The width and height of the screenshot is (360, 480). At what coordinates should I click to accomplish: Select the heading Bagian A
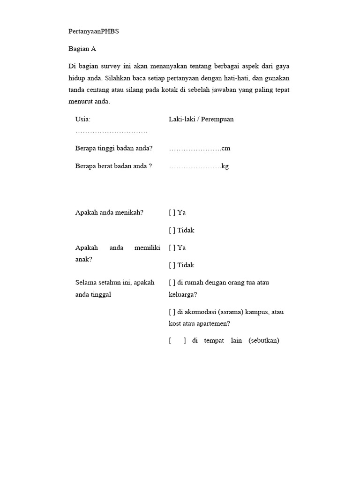click(82, 49)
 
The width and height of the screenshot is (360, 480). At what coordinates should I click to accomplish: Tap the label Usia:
click(83, 119)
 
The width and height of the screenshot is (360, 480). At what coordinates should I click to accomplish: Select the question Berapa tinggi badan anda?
click(114, 148)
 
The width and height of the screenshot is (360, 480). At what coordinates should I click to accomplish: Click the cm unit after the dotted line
click(226, 149)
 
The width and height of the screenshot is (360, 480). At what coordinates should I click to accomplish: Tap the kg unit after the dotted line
click(225, 166)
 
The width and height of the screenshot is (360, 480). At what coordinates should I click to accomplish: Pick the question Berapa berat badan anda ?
click(114, 166)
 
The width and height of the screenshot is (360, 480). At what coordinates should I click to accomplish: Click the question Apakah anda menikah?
click(109, 212)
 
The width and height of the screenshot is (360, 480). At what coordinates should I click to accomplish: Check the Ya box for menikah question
click(172, 212)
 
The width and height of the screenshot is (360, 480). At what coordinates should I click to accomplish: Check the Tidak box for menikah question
click(172, 230)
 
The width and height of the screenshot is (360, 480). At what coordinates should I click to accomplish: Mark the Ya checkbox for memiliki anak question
click(172, 247)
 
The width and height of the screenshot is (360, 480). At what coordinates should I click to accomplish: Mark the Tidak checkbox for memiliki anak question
click(172, 265)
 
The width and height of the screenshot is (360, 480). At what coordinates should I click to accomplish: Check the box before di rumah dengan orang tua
click(172, 283)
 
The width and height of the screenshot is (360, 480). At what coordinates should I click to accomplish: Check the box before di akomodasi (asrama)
click(172, 312)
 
